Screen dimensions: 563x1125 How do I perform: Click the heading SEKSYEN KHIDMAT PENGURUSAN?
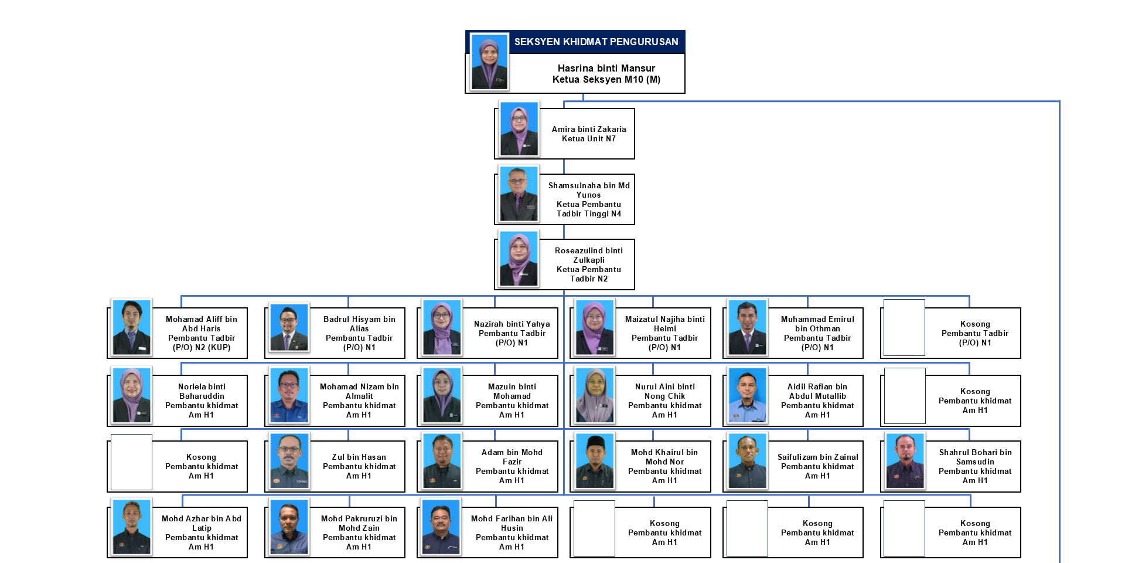pos(596,42)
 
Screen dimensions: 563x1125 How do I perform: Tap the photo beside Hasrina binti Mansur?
pos(489,62)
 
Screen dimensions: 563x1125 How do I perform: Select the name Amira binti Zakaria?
pos(588,129)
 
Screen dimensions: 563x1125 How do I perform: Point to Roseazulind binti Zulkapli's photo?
pos(519,259)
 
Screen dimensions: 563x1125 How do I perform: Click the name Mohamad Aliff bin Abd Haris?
pos(201,324)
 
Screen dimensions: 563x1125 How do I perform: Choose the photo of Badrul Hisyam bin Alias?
pos(289,327)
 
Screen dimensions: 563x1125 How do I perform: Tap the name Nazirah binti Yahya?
pos(512,324)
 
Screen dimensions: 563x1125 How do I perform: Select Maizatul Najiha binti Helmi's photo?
pos(595,328)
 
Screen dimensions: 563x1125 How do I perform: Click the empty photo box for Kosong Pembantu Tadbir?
pos(904,328)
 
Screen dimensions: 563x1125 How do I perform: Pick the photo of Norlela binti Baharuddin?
pos(132,395)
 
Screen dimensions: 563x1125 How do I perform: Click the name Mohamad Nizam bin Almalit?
pos(359,391)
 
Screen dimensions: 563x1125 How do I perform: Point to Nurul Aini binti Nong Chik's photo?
pos(595,395)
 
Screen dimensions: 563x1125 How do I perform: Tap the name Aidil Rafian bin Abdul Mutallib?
pos(817,391)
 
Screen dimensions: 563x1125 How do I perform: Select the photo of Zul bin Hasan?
pos(289,461)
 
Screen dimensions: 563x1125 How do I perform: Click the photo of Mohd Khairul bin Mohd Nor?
pos(595,461)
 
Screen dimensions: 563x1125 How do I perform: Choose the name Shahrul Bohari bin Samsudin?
pos(975,457)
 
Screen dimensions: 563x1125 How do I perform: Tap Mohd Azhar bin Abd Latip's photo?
pos(132,527)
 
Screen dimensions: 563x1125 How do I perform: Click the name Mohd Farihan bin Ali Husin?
pos(512,523)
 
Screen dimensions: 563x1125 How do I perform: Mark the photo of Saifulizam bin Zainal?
pos(747,461)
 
